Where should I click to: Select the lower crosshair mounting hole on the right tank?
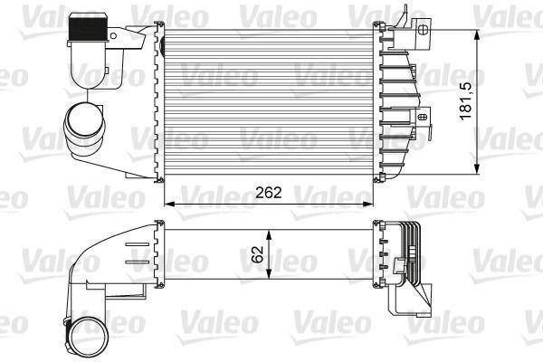pyautogui.click(x=422, y=116)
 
